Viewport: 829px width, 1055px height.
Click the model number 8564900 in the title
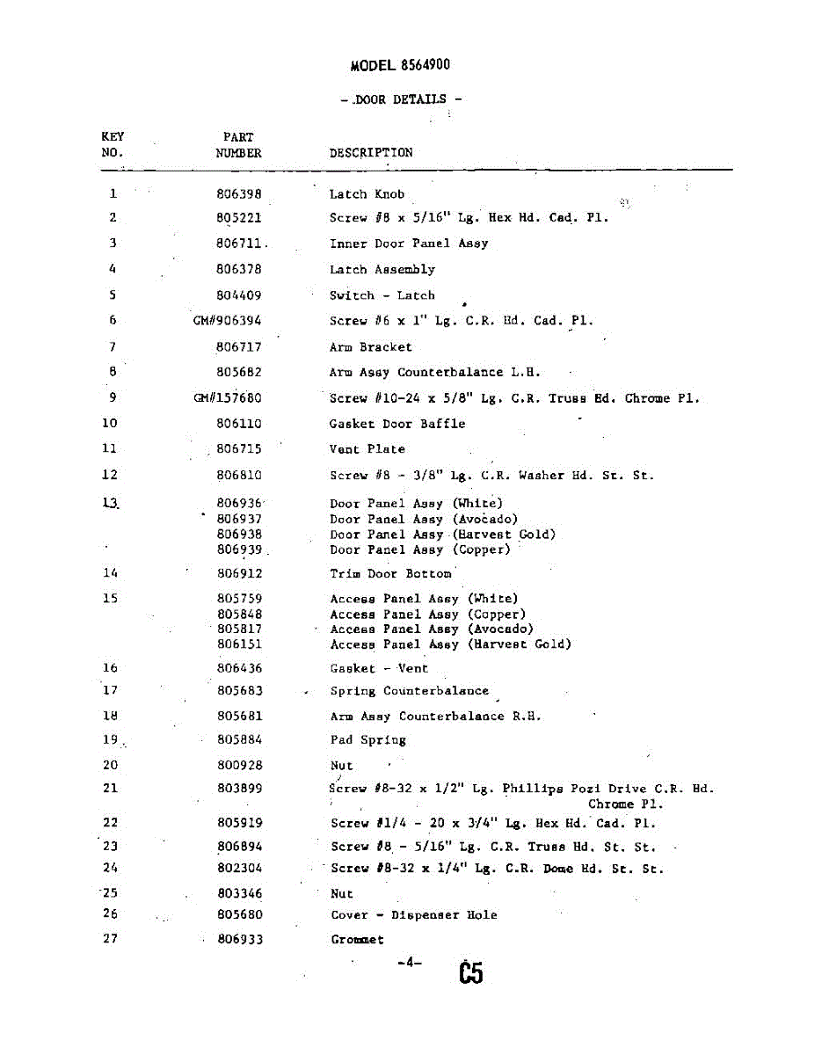(x=425, y=65)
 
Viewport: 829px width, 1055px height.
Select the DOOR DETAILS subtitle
(x=401, y=99)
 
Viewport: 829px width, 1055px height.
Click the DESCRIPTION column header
(x=371, y=152)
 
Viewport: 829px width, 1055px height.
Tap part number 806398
(x=239, y=194)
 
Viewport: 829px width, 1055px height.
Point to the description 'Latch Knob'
(x=367, y=194)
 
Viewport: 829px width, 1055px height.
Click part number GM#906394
(x=228, y=321)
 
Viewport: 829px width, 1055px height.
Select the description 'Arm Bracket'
(x=370, y=347)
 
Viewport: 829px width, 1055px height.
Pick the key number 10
(x=110, y=423)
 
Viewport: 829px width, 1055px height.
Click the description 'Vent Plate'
(x=367, y=449)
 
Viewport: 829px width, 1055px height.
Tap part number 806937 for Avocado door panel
(x=239, y=520)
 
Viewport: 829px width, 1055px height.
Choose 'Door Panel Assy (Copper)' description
(x=419, y=550)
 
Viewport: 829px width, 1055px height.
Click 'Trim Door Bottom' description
(x=390, y=574)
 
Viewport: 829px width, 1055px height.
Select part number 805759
(x=239, y=599)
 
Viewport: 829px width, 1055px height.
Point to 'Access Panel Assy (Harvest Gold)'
(x=450, y=644)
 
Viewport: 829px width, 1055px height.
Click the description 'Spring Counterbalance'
(x=409, y=691)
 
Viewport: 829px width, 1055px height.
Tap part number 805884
(x=239, y=740)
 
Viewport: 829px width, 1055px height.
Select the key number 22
(x=110, y=823)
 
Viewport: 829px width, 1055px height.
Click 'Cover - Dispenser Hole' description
(x=413, y=915)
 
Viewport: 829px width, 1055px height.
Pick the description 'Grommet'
(x=357, y=940)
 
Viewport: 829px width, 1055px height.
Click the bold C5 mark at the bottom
(x=470, y=973)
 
